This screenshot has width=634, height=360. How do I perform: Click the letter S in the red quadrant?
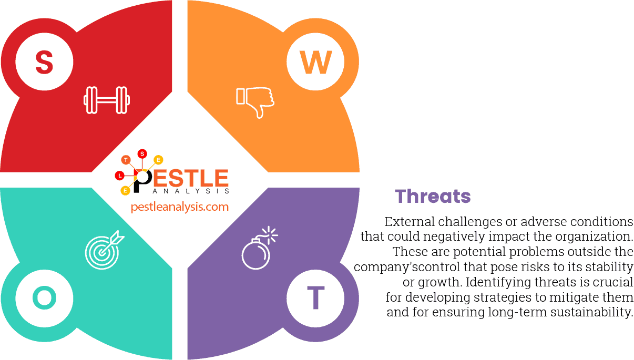tap(44, 62)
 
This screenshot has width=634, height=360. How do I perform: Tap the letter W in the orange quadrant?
tap(315, 62)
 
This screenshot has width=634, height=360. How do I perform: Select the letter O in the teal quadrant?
tap(44, 298)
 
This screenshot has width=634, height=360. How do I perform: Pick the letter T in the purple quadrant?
tap(315, 298)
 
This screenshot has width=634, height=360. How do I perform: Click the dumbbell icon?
tap(107, 100)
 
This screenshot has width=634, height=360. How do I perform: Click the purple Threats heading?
tap(433, 196)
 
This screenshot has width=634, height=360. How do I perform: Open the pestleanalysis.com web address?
tap(180, 207)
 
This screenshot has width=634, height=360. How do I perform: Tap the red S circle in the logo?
tap(142, 153)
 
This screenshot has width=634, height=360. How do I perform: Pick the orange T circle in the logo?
tap(126, 159)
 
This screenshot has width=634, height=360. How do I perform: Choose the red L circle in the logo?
tap(120, 174)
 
